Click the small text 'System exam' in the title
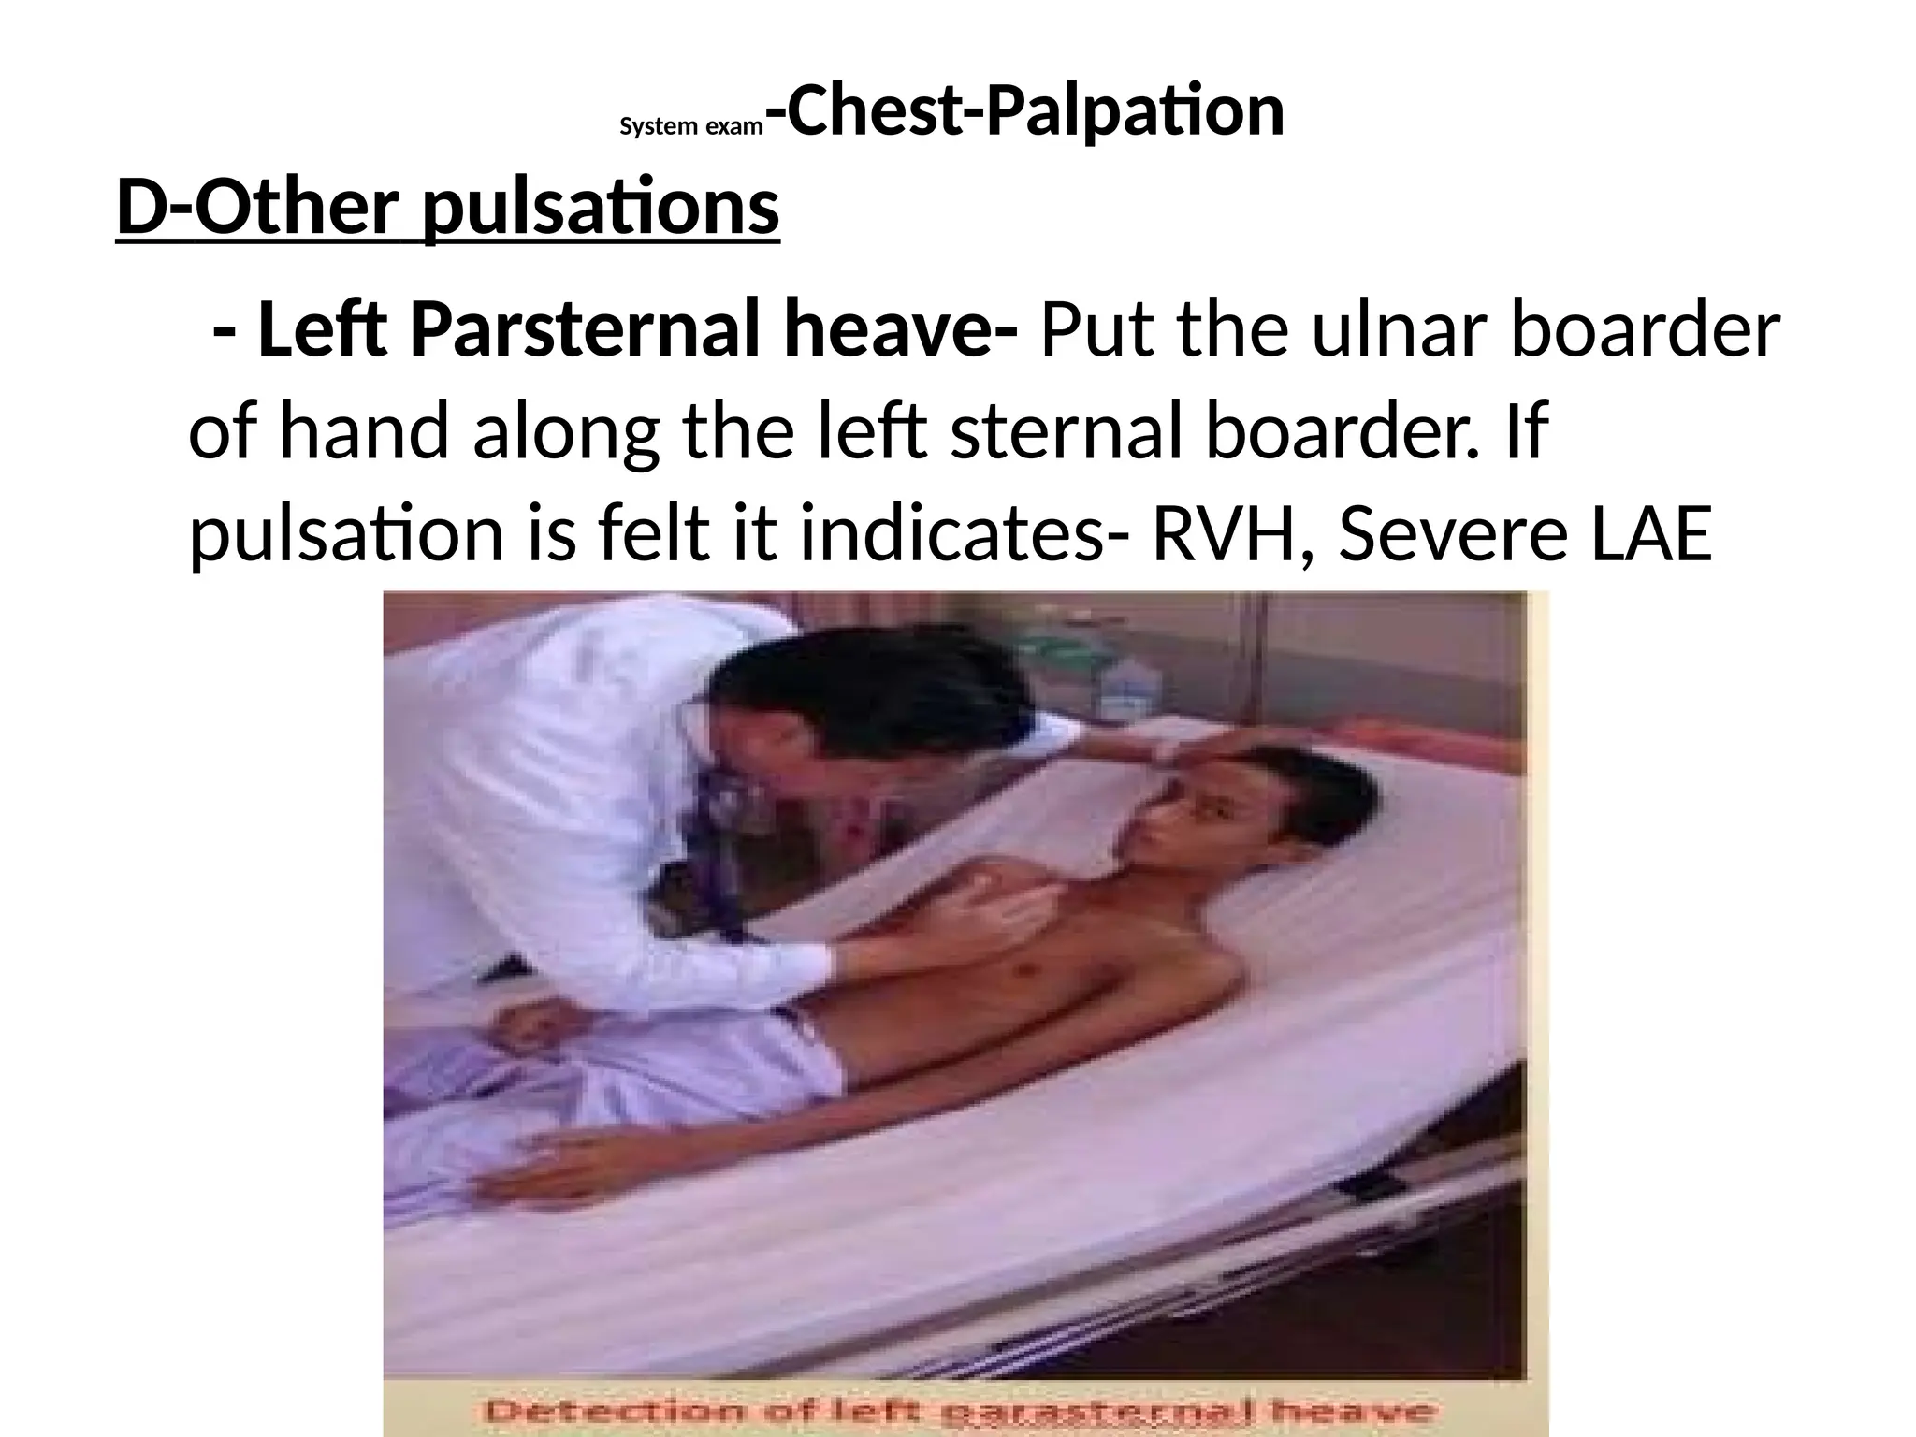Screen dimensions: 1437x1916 691,126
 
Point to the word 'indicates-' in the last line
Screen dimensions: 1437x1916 954,533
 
